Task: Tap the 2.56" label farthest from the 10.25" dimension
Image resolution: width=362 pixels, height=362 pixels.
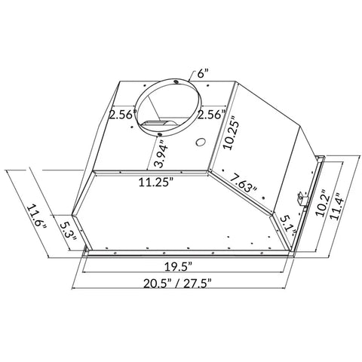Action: coord(121,115)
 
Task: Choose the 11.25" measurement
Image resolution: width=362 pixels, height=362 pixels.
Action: coord(155,182)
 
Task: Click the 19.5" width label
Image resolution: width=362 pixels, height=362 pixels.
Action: coord(181,266)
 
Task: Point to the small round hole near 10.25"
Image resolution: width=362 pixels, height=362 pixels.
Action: coord(200,143)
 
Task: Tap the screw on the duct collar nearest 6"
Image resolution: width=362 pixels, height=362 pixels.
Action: coord(176,79)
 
